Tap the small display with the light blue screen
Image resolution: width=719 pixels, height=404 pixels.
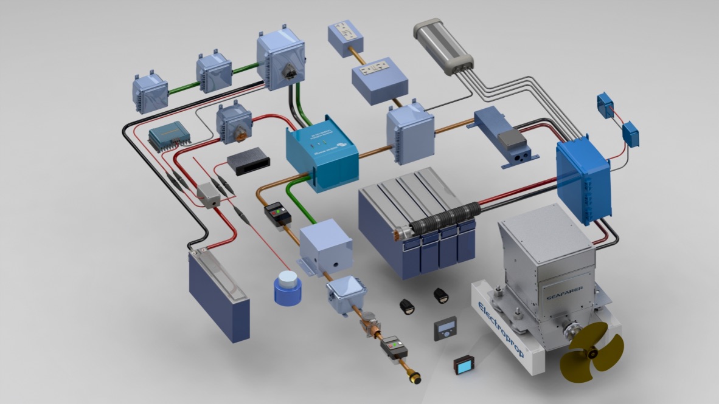tap(465, 365)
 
